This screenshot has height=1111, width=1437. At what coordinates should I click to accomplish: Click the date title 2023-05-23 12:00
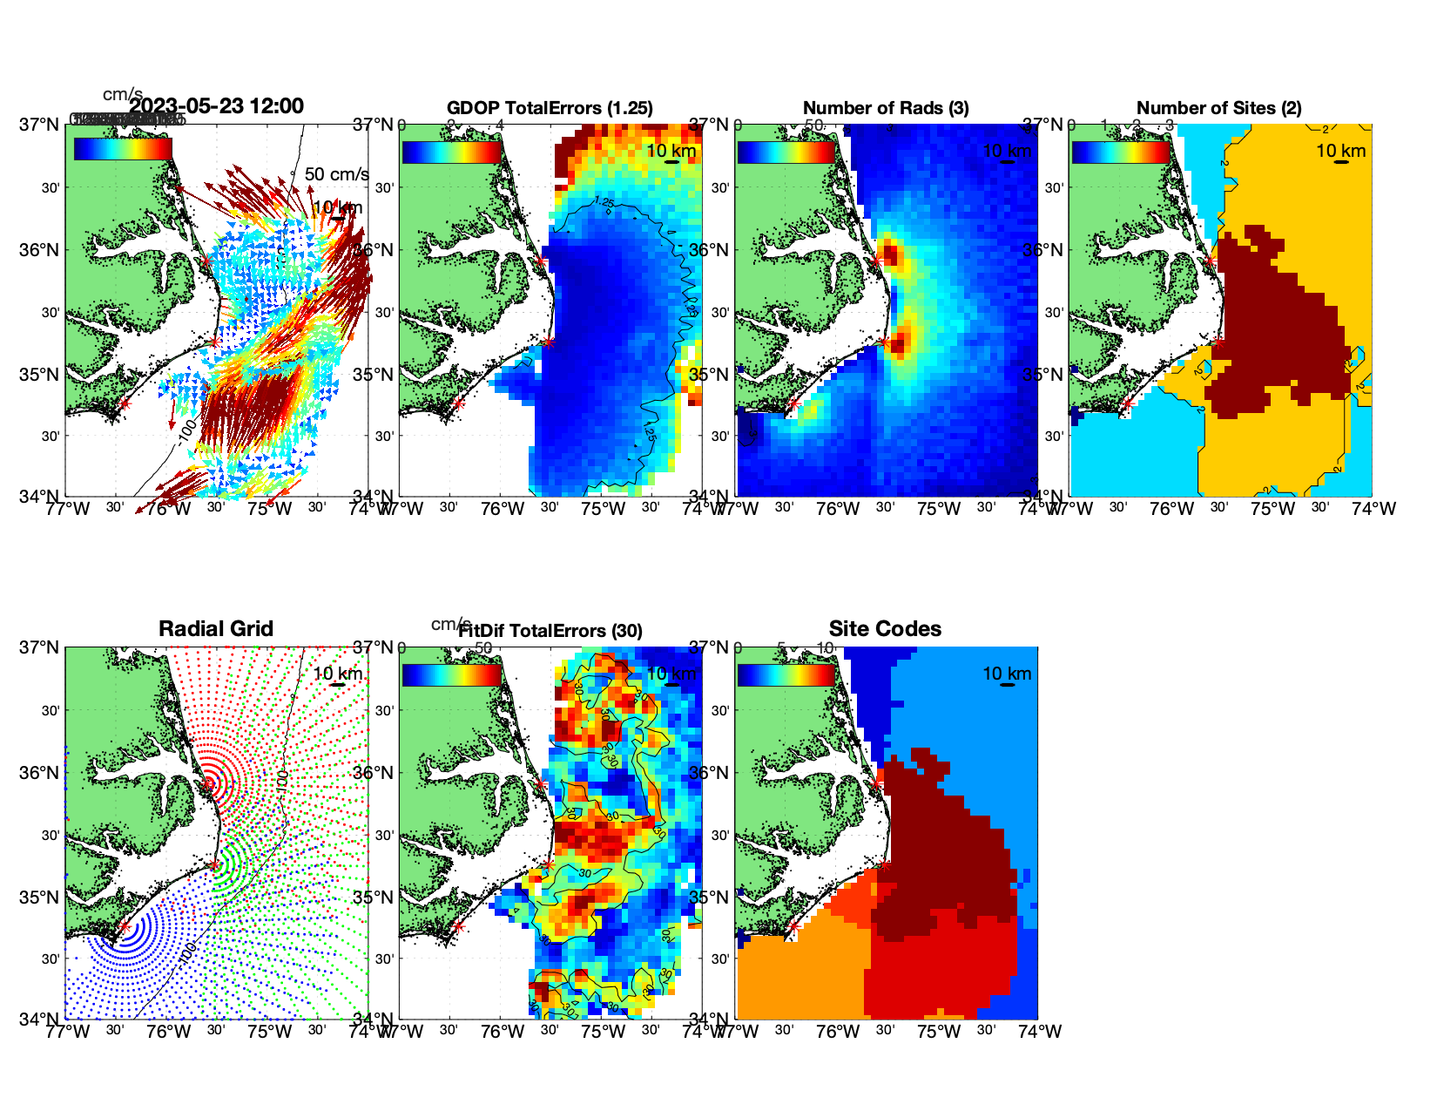coord(216,106)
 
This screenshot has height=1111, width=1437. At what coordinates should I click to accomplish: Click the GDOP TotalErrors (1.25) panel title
coord(550,108)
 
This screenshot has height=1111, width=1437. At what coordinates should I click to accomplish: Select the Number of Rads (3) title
coord(886,108)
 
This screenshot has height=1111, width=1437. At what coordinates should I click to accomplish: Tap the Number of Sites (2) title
coord(1218,108)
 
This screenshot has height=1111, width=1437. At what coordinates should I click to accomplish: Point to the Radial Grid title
coord(216,629)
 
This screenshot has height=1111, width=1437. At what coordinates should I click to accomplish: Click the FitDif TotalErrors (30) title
coord(551,631)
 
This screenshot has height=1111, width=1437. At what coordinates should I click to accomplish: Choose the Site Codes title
coord(885,629)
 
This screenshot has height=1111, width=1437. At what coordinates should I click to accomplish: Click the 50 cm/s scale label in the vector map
coord(336,174)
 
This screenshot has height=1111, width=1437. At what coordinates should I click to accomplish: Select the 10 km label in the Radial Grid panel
coord(337,674)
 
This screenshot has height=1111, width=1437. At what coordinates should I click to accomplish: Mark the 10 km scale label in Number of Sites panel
coord(1340,151)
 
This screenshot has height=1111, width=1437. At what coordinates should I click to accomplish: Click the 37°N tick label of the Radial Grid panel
coord(40,647)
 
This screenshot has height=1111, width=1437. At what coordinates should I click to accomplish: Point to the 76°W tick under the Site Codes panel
coord(838,1032)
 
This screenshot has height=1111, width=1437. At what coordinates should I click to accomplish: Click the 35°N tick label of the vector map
coord(40,375)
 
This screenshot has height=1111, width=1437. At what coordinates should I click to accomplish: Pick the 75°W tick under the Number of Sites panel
coord(1272,509)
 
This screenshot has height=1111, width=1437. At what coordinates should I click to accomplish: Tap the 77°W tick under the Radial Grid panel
coord(68,1032)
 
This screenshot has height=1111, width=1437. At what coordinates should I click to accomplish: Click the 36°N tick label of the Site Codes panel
coord(711,773)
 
